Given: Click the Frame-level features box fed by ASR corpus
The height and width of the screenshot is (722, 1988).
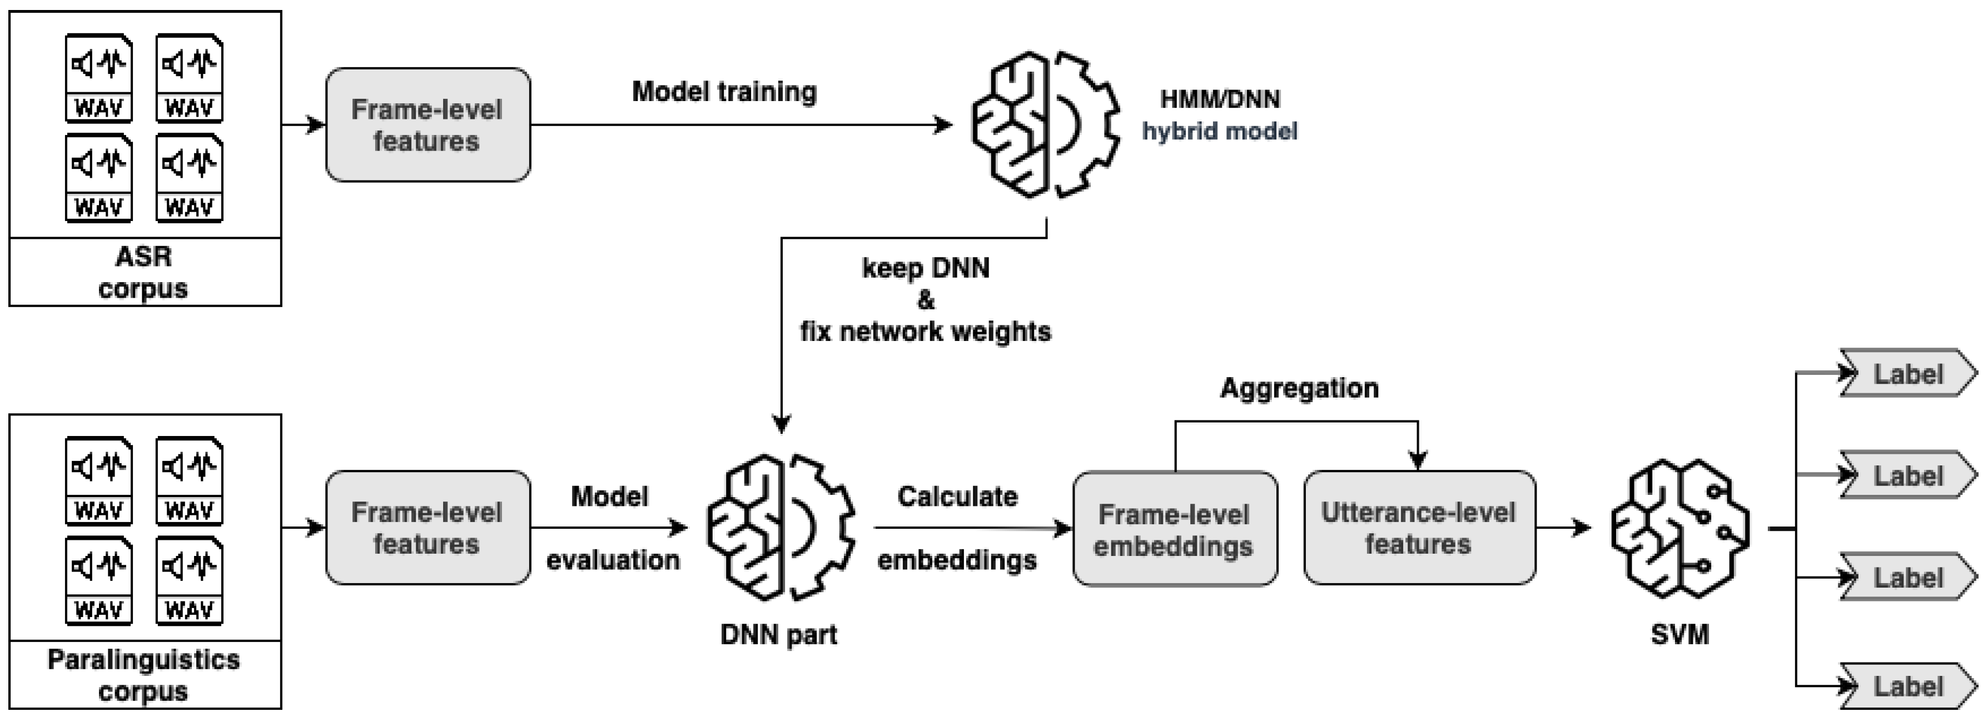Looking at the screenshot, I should tap(428, 125).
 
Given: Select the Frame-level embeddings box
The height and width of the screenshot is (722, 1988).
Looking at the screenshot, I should tap(1174, 529).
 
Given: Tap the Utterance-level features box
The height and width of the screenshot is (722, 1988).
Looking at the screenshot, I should tap(1419, 528).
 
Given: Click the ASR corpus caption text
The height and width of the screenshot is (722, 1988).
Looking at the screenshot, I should tap(143, 272).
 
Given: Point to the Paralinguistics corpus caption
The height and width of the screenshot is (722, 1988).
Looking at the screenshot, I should tap(143, 675).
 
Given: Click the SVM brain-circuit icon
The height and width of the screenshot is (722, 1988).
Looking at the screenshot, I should tap(1679, 529).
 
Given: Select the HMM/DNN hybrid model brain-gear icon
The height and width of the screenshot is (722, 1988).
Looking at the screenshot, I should tap(1045, 125).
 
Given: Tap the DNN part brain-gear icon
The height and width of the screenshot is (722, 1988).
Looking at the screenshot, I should tap(781, 528).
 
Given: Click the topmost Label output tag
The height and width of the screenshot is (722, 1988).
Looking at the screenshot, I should tap(1908, 373).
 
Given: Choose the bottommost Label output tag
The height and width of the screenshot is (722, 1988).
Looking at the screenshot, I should tap(1908, 686).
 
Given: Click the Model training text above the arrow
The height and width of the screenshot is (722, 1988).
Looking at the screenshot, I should tap(724, 92).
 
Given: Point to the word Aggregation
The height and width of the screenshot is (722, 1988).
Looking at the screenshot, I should tap(1299, 388).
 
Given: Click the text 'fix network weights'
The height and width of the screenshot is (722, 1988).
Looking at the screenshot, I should tap(925, 332).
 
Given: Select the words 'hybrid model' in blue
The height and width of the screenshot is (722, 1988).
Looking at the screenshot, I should tap(1219, 131).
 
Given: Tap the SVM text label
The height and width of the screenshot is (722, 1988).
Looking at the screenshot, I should tap(1679, 635).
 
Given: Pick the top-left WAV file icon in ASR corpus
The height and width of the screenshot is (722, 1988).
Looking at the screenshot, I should tap(99, 78).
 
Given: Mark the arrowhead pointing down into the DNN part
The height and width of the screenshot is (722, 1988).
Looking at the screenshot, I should tap(781, 423).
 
